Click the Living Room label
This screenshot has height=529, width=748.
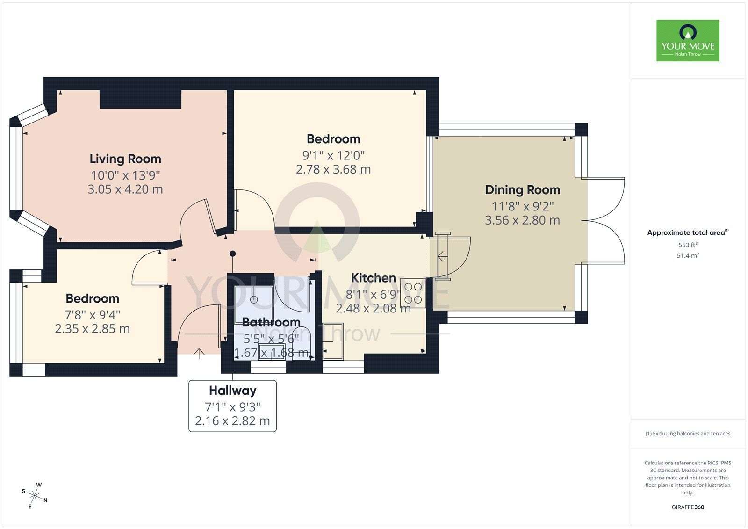click(125, 159)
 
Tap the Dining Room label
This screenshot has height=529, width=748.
click(522, 190)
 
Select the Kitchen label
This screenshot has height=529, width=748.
click(374, 278)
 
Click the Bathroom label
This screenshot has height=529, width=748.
click(271, 322)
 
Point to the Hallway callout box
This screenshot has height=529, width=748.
click(232, 406)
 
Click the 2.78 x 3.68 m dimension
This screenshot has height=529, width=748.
click(333, 169)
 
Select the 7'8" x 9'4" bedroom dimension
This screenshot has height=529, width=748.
click(93, 315)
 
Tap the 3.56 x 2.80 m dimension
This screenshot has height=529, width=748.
click(522, 220)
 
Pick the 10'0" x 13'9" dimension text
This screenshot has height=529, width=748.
click(125, 175)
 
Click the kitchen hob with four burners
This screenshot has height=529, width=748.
click(413, 293)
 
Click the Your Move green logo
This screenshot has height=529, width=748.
click(688, 40)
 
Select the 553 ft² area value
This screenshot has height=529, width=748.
click(688, 245)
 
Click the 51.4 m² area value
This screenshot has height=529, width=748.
click(688, 255)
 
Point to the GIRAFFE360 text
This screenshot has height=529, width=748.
click(688, 507)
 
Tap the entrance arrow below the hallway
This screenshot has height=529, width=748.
click(199, 354)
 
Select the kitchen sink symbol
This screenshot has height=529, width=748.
click(333, 341)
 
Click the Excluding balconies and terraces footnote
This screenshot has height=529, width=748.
click(688, 434)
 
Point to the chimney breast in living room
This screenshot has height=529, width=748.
click(140, 99)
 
